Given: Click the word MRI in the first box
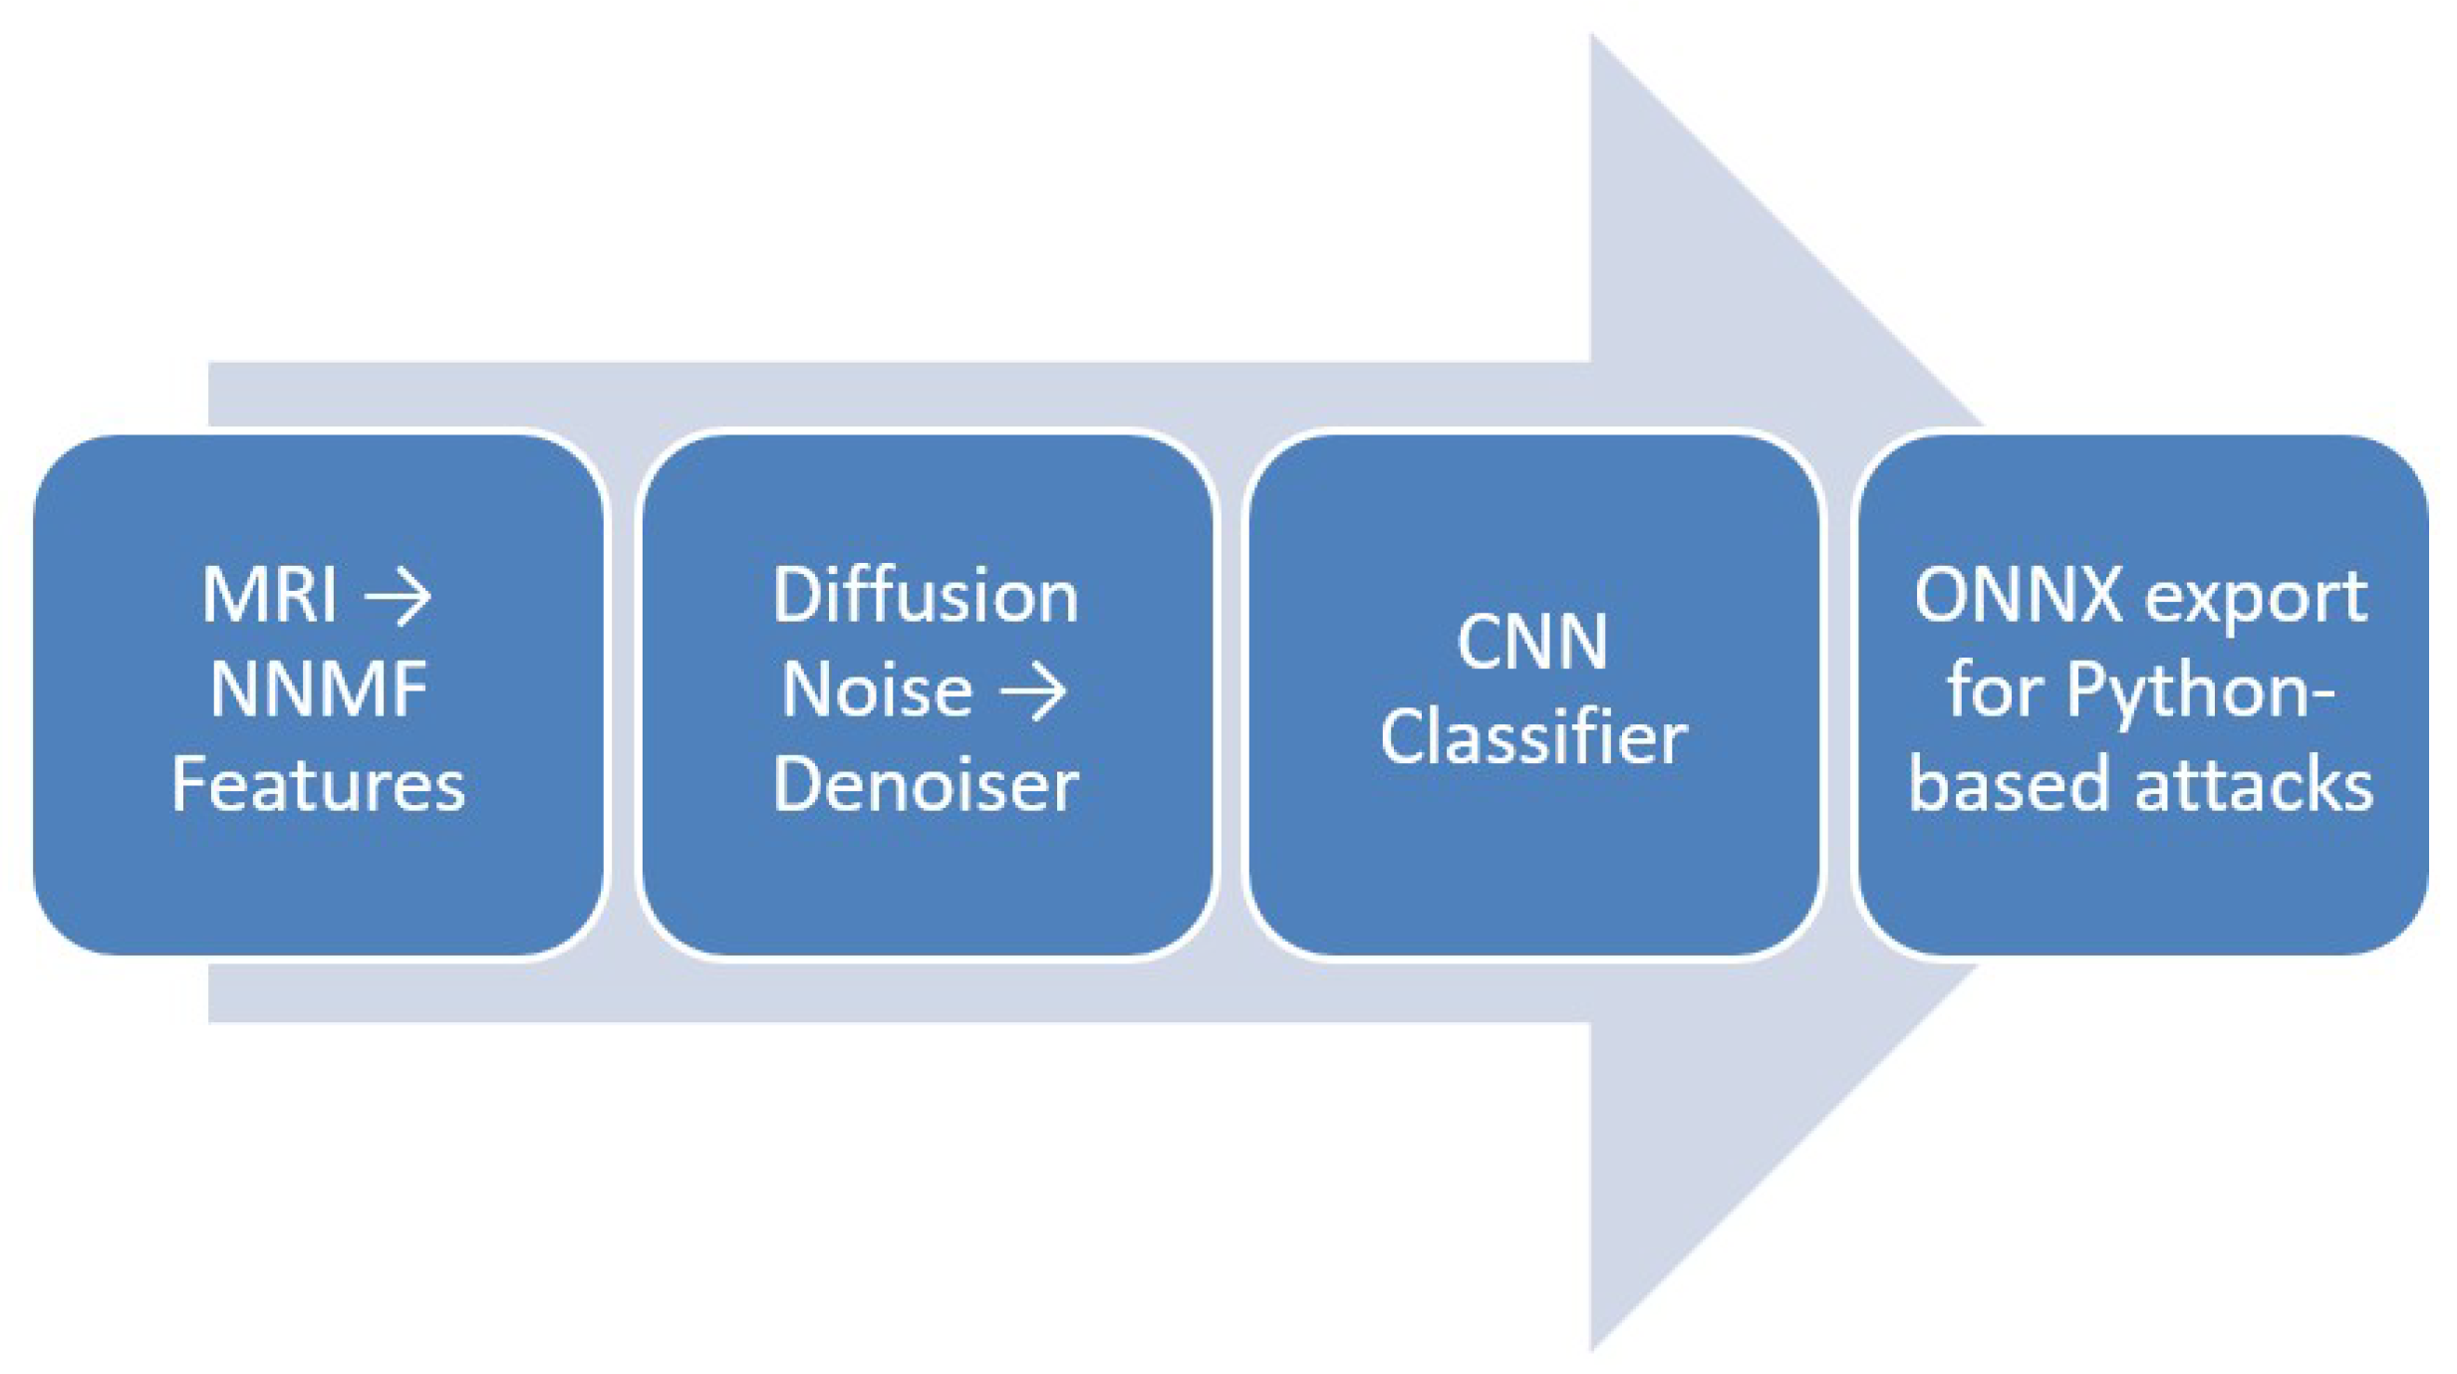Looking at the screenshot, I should point(269,595).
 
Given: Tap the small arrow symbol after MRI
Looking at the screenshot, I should point(398,598).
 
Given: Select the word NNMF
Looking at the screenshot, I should point(319,689).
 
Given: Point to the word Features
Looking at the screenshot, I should point(319,784).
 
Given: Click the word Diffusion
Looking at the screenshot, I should point(925,596).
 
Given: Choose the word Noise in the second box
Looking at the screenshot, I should point(877,689).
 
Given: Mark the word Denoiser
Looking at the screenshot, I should point(925,784).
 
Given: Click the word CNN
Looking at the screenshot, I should point(1532,642).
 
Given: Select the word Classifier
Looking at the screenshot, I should point(1532,737).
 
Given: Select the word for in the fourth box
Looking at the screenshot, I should point(1995,689).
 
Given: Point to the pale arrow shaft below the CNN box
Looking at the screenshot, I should point(1532,991).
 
